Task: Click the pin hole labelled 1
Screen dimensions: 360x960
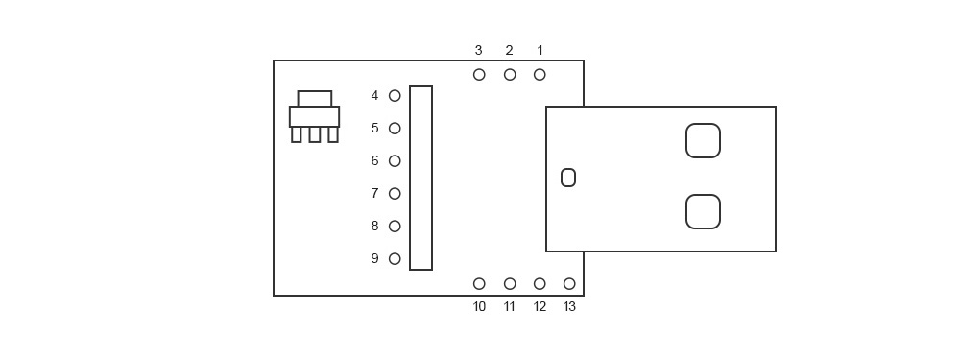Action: [x=540, y=74]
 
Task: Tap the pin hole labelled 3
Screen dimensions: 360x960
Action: [x=479, y=74]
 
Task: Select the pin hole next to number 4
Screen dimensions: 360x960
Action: [x=395, y=96]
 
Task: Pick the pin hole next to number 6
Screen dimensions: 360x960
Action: [x=395, y=161]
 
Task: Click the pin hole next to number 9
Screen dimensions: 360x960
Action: [x=395, y=259]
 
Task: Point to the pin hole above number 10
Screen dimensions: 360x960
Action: [x=479, y=284]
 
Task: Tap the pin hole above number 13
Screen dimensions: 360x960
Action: [x=569, y=284]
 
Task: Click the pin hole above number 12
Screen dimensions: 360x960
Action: [x=540, y=284]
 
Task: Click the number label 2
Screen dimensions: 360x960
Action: [x=509, y=50]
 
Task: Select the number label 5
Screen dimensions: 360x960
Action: [x=374, y=129]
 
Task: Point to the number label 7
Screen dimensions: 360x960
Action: [x=374, y=194]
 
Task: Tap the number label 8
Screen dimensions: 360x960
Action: [x=374, y=227]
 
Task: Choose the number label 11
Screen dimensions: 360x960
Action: [x=510, y=307]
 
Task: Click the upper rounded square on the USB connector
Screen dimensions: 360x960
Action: [x=703, y=140]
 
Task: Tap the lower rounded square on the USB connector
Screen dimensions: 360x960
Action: [x=703, y=212]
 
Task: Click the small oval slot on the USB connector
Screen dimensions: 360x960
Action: [x=568, y=178]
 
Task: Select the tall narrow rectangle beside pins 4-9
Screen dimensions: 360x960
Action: [x=420, y=179]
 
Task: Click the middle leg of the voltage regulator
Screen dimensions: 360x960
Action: [x=315, y=134]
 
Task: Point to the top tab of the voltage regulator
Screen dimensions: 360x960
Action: [x=315, y=98]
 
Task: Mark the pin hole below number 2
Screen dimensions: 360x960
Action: [x=510, y=74]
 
